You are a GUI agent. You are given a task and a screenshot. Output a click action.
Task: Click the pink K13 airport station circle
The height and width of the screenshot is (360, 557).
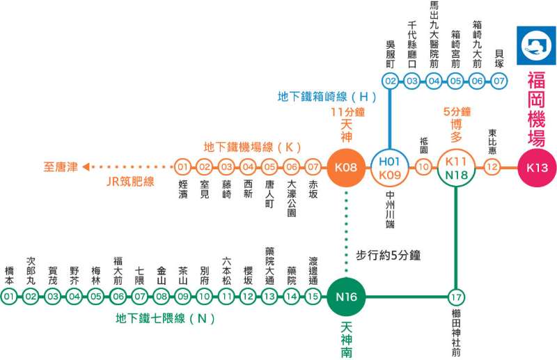[x=537, y=167]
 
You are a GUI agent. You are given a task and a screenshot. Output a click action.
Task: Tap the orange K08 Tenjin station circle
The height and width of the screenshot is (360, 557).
[x=346, y=167]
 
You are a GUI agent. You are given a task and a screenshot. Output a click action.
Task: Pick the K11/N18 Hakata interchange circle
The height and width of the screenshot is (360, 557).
[x=455, y=167]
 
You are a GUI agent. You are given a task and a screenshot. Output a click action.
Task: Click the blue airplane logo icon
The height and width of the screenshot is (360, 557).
[x=536, y=45]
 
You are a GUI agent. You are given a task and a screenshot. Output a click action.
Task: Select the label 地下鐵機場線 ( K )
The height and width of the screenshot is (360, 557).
[x=251, y=147]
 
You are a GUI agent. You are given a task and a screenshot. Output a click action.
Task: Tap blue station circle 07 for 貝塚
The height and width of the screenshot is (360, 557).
[x=499, y=81]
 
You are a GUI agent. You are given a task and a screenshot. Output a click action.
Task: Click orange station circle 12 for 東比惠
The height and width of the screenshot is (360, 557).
[x=492, y=167]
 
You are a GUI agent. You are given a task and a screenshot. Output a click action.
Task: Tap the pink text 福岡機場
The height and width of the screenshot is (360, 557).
[x=536, y=107]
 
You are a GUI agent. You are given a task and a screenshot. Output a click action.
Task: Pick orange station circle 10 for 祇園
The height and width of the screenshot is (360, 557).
[x=423, y=167]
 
